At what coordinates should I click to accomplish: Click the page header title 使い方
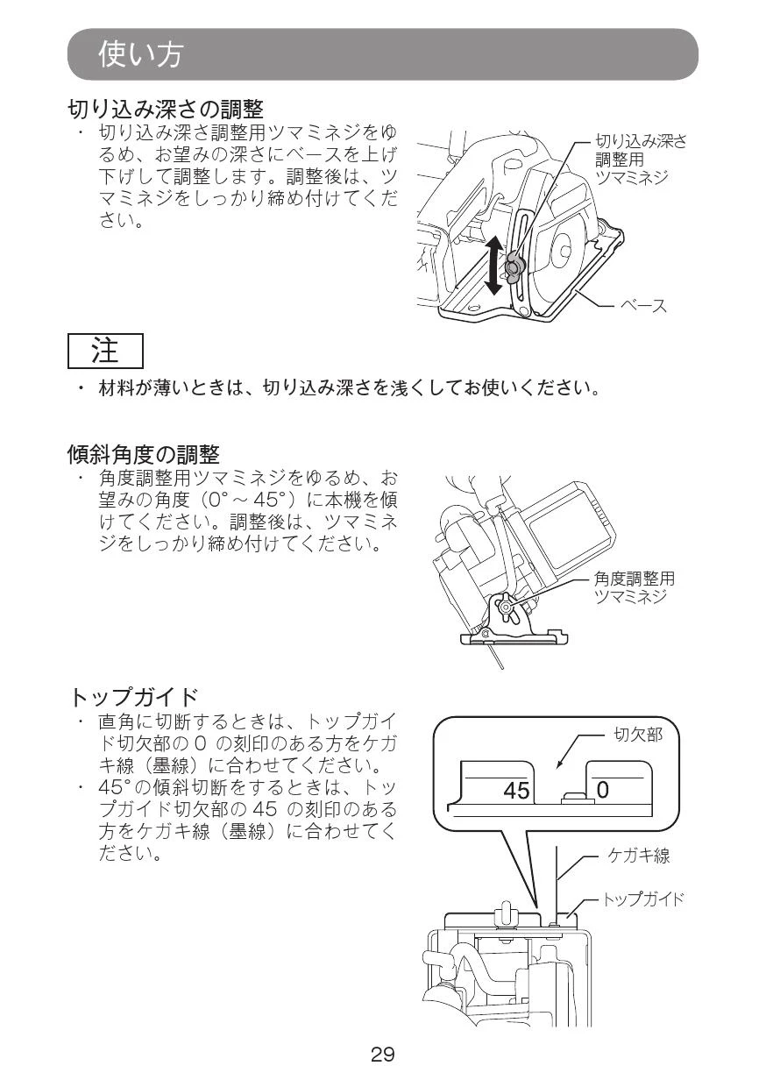click(x=140, y=54)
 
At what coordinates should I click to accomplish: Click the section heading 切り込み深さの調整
click(x=166, y=109)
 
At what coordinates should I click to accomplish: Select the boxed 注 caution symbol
click(x=105, y=351)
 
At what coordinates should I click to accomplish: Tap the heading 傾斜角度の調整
click(x=144, y=454)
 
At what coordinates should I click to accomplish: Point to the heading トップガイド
click(x=134, y=697)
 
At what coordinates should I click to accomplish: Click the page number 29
click(x=382, y=1054)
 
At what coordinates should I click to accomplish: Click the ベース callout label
click(x=644, y=305)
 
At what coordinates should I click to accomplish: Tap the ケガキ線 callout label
click(x=639, y=856)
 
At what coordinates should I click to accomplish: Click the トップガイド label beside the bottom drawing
click(x=642, y=899)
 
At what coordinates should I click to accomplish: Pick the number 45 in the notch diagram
click(x=516, y=791)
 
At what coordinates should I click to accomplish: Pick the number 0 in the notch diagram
click(x=602, y=791)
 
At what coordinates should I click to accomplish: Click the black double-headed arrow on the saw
click(x=493, y=265)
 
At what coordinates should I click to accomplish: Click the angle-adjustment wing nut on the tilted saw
click(x=505, y=607)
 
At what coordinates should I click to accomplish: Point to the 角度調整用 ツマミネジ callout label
click(x=634, y=587)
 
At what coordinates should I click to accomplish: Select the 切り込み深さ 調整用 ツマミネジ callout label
click(x=641, y=159)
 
